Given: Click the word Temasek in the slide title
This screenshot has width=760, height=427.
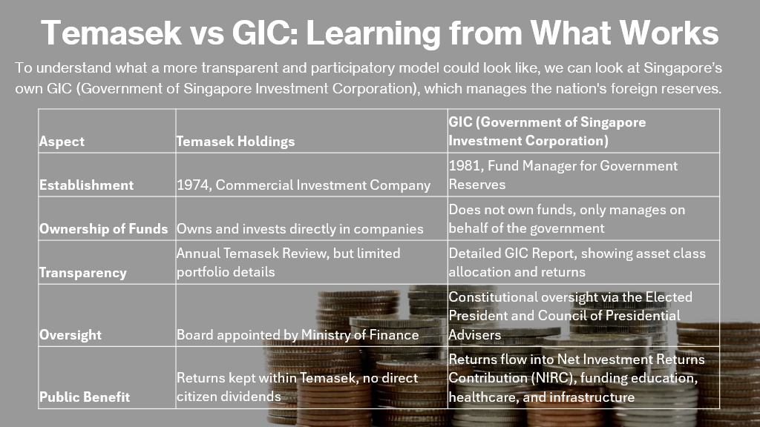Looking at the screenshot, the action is (x=111, y=33).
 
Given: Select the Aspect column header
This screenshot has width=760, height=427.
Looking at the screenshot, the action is (x=62, y=142).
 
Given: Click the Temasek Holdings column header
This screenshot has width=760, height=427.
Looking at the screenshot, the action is (x=235, y=142).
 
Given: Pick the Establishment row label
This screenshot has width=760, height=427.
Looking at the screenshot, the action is (x=86, y=185).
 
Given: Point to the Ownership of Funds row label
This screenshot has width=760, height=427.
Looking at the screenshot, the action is (x=104, y=228).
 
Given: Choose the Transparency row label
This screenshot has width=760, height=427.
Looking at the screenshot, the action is (x=83, y=273).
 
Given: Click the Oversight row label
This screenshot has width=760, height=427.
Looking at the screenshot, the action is (x=71, y=335).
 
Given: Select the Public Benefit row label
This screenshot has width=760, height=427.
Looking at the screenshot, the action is (x=85, y=397).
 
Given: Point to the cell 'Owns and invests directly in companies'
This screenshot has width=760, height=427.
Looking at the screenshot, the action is (x=300, y=228).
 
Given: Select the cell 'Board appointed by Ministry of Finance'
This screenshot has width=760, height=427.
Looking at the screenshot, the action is (x=298, y=335).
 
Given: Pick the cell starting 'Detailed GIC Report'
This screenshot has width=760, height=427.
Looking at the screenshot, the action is (x=577, y=263).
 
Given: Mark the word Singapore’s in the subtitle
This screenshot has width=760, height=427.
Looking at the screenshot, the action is (x=683, y=67).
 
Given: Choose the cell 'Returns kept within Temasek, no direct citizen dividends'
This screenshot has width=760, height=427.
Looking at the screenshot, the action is (x=297, y=387).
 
